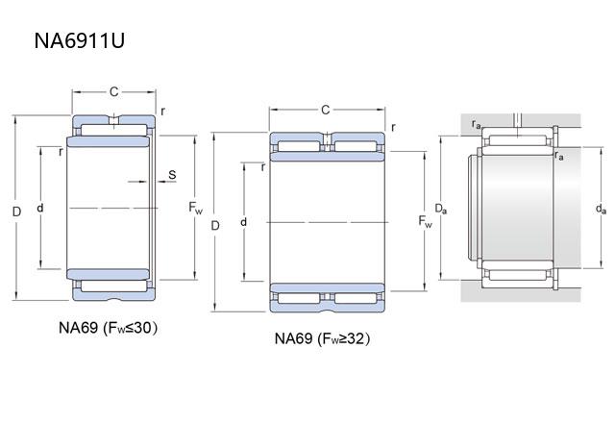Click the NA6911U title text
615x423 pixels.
click(80, 41)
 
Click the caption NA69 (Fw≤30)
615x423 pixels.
click(108, 328)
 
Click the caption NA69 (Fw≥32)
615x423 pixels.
click(322, 338)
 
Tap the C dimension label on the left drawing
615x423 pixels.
click(113, 92)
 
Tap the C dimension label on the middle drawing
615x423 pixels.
click(325, 110)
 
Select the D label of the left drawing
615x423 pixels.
click(15, 210)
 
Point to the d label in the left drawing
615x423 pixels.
click(39, 208)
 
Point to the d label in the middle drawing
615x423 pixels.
click(245, 223)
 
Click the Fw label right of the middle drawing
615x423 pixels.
click(426, 223)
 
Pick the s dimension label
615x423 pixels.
click(172, 174)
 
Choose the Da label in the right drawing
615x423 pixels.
click(439, 209)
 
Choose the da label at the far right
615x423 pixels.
click(601, 209)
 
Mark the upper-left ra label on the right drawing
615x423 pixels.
click(477, 124)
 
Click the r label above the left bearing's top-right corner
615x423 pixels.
click(162, 111)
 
